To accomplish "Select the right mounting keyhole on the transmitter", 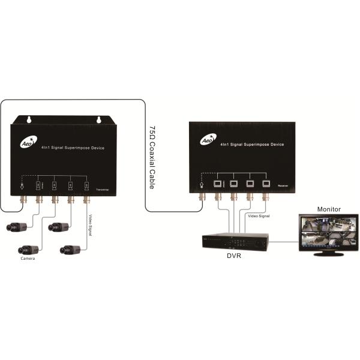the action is point(98,120).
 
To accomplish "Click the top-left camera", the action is point(16,227).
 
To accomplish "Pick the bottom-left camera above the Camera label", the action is point(29,248).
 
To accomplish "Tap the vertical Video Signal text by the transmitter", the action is point(91,224).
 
